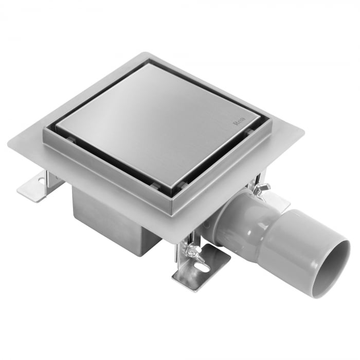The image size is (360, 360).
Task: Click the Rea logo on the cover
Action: click(x=239, y=121)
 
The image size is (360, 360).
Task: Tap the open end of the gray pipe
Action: click(x=331, y=268)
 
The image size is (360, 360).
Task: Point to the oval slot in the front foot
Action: click(x=202, y=267)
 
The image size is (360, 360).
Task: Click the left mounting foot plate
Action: click(x=38, y=186)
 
